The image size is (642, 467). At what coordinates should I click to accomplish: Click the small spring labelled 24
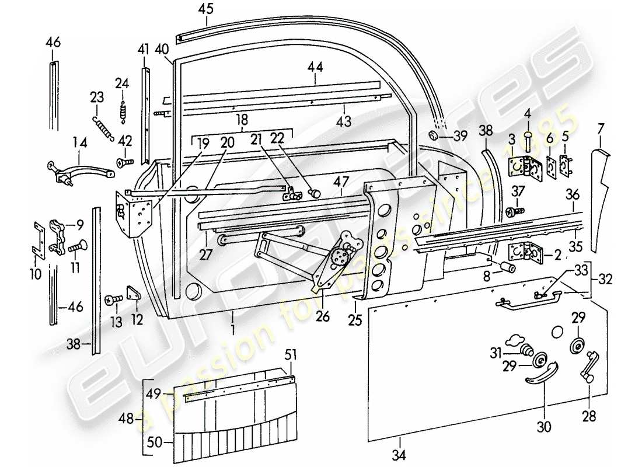tap(122, 109)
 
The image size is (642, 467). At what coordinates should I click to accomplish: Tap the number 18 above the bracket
tap(242, 120)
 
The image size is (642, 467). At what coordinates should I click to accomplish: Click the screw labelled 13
tap(111, 299)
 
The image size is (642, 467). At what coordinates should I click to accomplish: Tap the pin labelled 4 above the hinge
tap(527, 143)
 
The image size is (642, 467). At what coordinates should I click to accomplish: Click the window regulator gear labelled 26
tap(340, 257)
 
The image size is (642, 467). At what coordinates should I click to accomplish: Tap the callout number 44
tap(315, 67)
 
